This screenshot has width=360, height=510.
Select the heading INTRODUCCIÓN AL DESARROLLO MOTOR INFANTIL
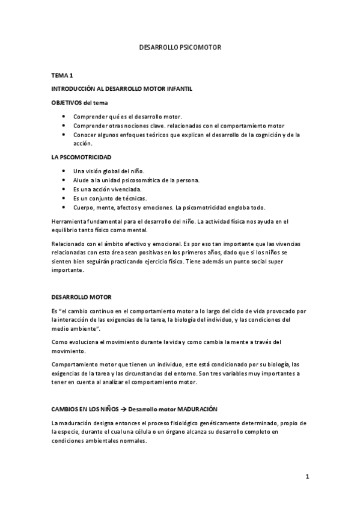tap(122, 89)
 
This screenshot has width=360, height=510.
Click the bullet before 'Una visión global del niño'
tap(64, 171)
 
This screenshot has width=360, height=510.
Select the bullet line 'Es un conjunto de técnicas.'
tap(101, 198)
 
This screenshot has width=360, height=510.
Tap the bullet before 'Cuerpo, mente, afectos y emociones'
tap(64, 207)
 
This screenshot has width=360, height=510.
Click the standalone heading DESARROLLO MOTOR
tap(81, 297)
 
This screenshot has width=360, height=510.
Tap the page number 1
tap(307, 477)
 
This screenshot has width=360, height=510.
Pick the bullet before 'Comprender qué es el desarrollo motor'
tap(64, 117)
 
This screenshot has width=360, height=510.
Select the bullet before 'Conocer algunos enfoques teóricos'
tap(64, 135)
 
